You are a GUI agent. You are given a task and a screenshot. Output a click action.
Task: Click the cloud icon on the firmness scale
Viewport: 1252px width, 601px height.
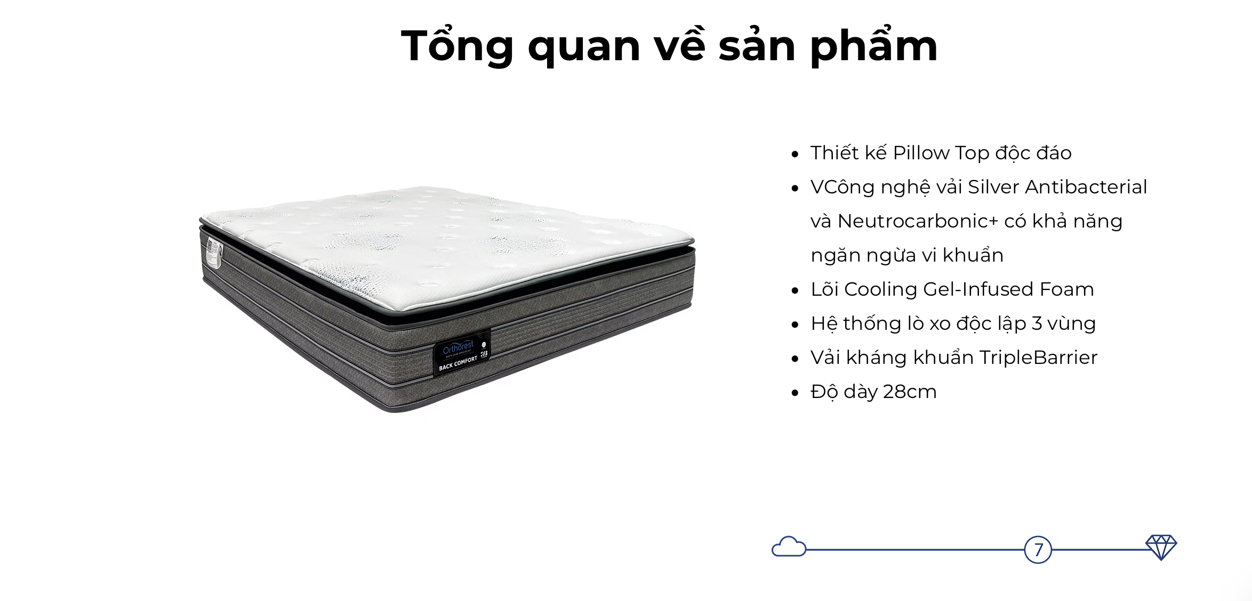(x=789, y=547)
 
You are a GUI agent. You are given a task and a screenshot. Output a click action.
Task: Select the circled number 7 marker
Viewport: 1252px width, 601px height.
(x=1038, y=549)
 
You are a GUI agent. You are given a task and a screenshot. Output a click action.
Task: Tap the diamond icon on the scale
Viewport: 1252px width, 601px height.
(x=1161, y=547)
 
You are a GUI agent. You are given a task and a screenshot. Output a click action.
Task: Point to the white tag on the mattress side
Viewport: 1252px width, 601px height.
(x=214, y=253)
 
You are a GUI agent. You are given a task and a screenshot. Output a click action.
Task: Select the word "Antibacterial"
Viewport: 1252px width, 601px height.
(x=1086, y=187)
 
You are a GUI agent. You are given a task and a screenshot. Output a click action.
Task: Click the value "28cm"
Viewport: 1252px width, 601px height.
(x=910, y=392)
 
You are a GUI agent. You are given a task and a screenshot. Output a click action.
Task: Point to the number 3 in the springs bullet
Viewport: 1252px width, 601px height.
(x=1037, y=323)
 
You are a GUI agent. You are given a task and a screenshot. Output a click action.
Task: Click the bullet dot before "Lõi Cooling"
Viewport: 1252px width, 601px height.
(x=795, y=291)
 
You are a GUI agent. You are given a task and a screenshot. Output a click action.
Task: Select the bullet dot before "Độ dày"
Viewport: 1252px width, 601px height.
(x=795, y=393)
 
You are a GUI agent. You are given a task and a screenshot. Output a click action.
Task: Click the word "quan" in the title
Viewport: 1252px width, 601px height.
(x=584, y=47)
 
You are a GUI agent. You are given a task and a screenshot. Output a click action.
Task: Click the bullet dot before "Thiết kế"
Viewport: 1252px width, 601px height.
(x=795, y=155)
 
